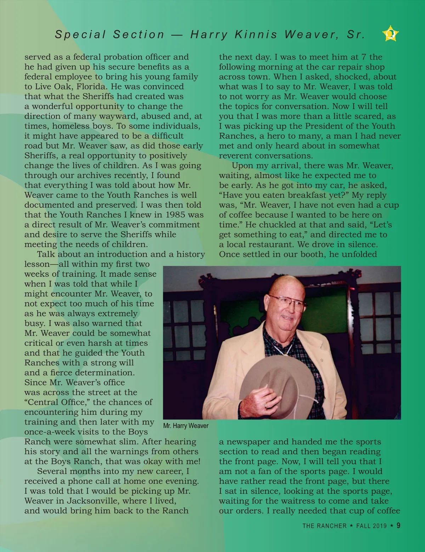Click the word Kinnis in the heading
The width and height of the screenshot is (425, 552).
click(255, 34)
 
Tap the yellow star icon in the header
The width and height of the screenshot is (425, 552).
click(390, 34)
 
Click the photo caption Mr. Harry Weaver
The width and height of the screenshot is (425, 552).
click(186, 426)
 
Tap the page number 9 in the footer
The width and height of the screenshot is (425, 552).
click(398, 525)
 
